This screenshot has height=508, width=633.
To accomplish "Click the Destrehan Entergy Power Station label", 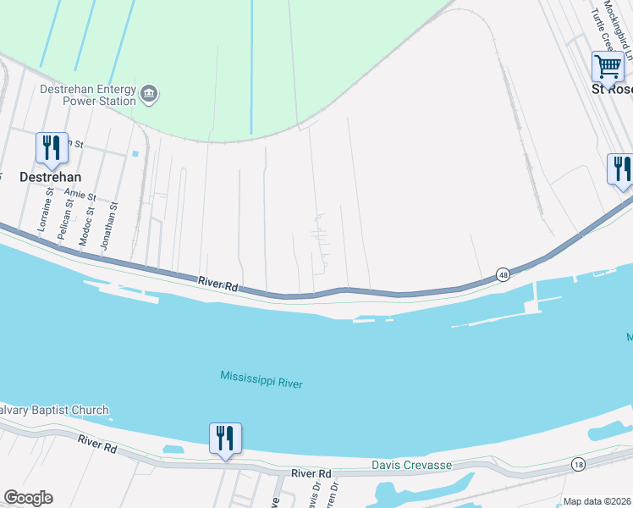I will click(x=87, y=95).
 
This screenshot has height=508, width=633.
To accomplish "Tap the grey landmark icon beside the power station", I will click(x=149, y=93).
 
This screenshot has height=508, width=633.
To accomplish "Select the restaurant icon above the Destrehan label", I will click(x=52, y=148).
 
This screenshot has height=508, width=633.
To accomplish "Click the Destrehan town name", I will click(x=51, y=177).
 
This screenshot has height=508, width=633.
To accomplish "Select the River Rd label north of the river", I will click(x=217, y=284).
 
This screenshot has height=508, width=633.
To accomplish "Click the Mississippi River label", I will click(x=261, y=378).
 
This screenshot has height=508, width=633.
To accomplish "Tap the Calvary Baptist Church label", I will click(x=54, y=411).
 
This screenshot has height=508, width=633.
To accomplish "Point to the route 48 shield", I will click(x=503, y=274).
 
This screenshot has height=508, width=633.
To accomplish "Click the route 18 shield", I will click(x=578, y=464).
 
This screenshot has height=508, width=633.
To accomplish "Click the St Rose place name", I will click(x=611, y=88).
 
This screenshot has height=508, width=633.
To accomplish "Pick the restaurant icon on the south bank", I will click(x=225, y=439).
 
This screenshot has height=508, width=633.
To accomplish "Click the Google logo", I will click(x=28, y=498).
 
